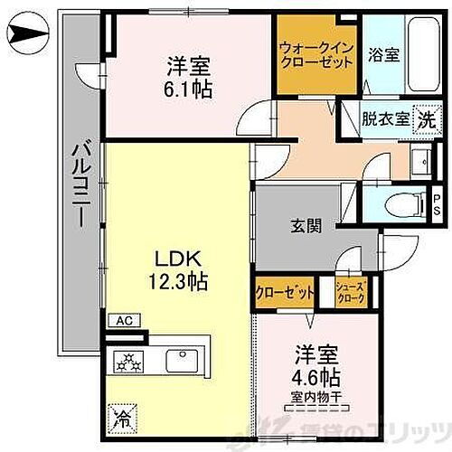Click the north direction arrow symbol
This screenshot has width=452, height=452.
27,37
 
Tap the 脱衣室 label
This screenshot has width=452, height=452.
383,118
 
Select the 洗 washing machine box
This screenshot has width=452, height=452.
425,118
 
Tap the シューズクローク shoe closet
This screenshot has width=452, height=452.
350,292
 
